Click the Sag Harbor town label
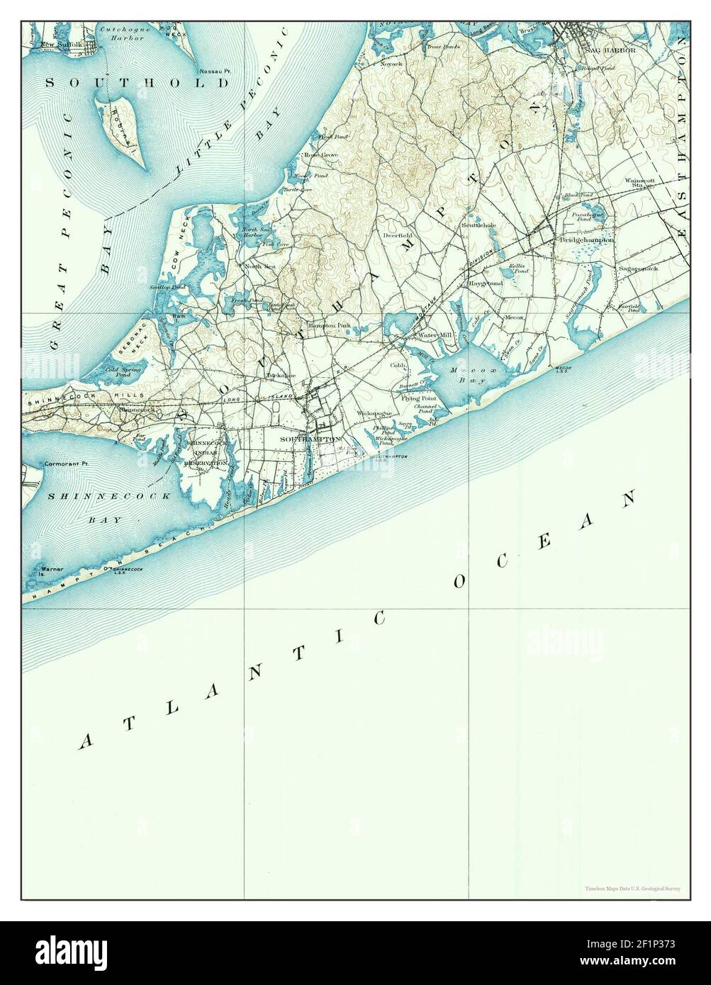[606, 51]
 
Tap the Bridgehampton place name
[586, 240]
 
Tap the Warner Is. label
[52, 570]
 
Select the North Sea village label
[259, 266]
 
